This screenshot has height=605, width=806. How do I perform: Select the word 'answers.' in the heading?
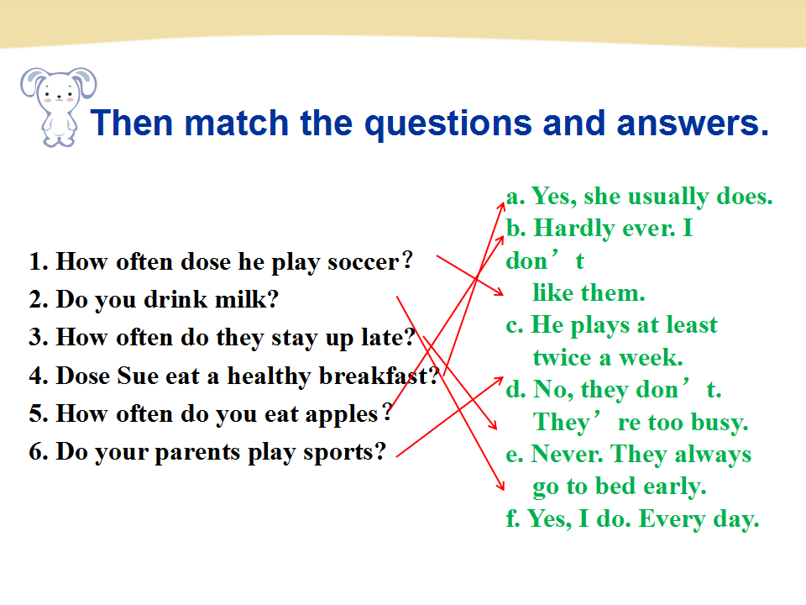point(693,123)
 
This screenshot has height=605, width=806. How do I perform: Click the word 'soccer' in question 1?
point(364,262)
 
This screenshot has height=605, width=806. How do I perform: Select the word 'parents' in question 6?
point(196,453)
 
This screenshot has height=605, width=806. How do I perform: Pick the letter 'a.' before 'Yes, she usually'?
point(516,197)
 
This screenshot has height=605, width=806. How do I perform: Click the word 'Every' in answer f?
point(672,519)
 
